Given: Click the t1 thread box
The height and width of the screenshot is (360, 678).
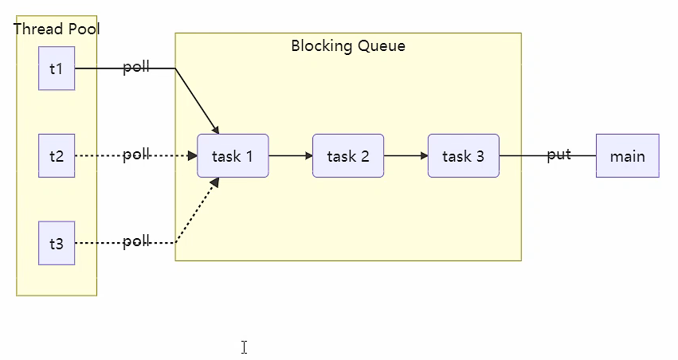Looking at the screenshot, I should click(x=57, y=68).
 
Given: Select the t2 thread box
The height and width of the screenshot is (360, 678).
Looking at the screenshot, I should click(x=57, y=156).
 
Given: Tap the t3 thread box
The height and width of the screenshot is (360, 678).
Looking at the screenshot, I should click(x=57, y=243).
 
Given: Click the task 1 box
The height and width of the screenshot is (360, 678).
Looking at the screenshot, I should click(x=233, y=156).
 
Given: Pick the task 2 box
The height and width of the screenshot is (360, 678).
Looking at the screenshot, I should click(x=348, y=156).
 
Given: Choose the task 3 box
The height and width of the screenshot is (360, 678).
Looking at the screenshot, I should click(x=464, y=156).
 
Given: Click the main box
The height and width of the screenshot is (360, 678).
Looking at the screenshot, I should click(x=627, y=156).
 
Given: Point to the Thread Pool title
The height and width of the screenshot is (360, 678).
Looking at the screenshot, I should click(x=57, y=29).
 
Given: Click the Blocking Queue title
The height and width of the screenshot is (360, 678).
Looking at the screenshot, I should click(x=348, y=46).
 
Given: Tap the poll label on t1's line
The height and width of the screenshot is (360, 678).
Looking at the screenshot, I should click(x=136, y=68).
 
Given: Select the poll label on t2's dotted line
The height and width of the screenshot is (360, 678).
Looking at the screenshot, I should click(x=136, y=155).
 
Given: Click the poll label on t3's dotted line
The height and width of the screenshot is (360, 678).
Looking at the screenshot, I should click(x=136, y=241).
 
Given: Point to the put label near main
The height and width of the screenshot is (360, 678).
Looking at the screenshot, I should click(x=558, y=155).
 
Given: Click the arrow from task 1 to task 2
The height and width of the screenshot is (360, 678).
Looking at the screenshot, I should click(x=290, y=156).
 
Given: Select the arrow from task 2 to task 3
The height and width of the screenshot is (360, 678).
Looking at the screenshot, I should click(x=406, y=156).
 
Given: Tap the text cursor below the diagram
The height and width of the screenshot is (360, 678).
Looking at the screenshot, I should click(x=245, y=347).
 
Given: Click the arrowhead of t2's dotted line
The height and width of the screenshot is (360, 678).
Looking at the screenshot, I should click(x=193, y=156).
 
